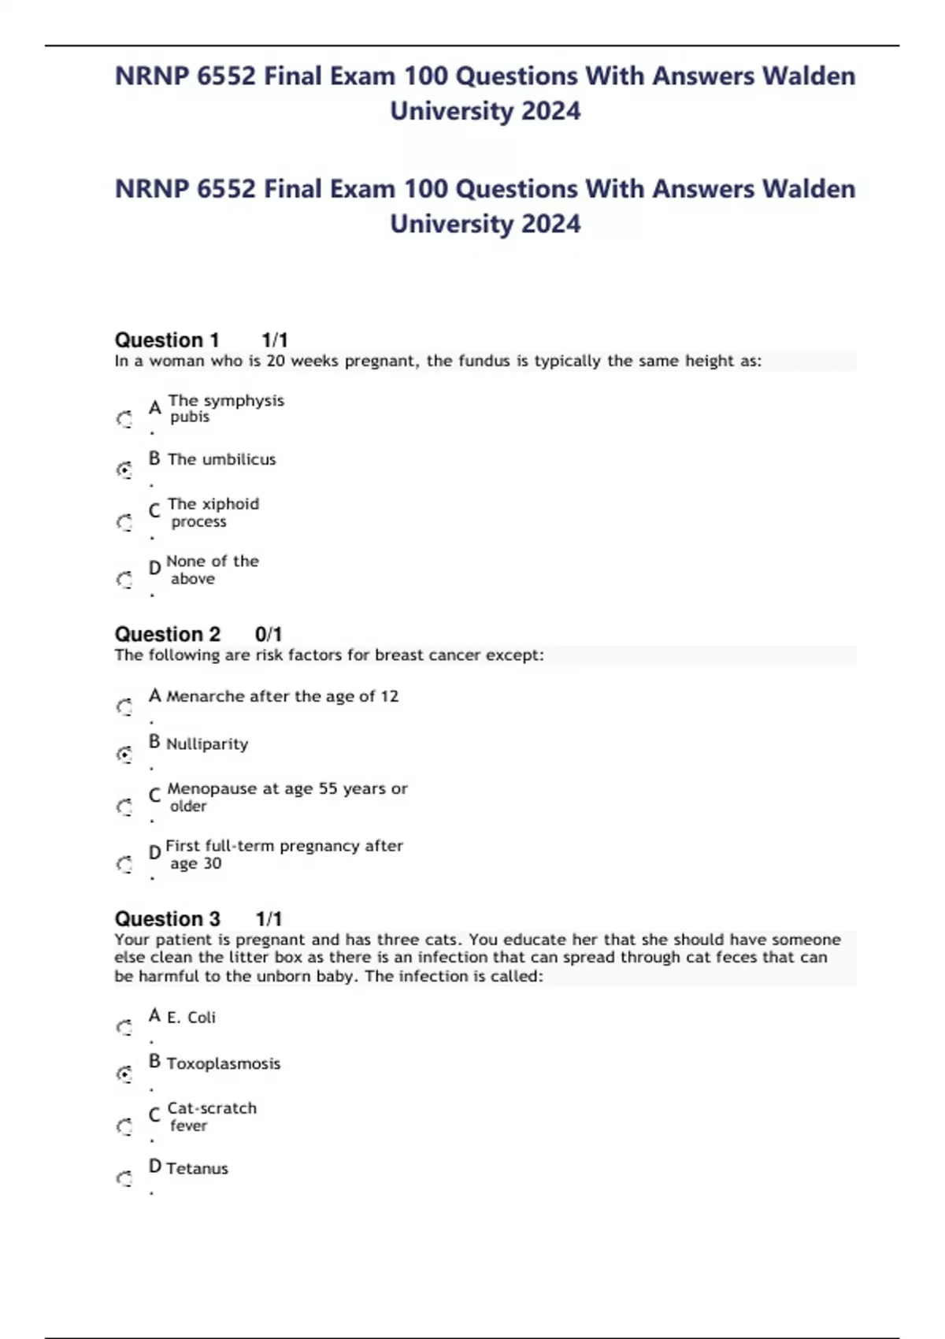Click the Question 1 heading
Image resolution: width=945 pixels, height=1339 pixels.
pos(167,340)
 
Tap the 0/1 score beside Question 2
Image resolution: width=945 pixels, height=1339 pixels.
pos(269,634)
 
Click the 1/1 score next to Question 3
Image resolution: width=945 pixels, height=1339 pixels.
pos(269,919)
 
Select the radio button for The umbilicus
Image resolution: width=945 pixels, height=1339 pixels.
pos(124,470)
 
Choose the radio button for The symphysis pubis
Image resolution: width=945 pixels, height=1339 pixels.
pos(124,419)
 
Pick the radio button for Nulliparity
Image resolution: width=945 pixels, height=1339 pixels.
pos(124,755)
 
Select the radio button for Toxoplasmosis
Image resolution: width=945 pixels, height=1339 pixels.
pos(124,1074)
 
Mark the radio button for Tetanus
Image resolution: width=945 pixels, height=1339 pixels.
pos(124,1178)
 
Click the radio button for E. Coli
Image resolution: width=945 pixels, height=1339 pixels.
pos(124,1027)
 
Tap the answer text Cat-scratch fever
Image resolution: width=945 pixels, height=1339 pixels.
pos(211,1117)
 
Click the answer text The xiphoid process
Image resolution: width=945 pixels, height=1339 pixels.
pos(213,513)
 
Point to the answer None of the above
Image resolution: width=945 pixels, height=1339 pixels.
pos(212,569)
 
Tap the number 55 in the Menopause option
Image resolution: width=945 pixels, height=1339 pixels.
pos(328,789)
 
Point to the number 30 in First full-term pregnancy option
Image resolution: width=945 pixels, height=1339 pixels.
pos(212,864)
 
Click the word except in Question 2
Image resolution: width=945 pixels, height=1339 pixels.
pos(513,655)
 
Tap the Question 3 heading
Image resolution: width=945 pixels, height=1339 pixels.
pos(167,919)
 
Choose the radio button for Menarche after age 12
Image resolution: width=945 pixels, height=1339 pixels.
pos(124,707)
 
